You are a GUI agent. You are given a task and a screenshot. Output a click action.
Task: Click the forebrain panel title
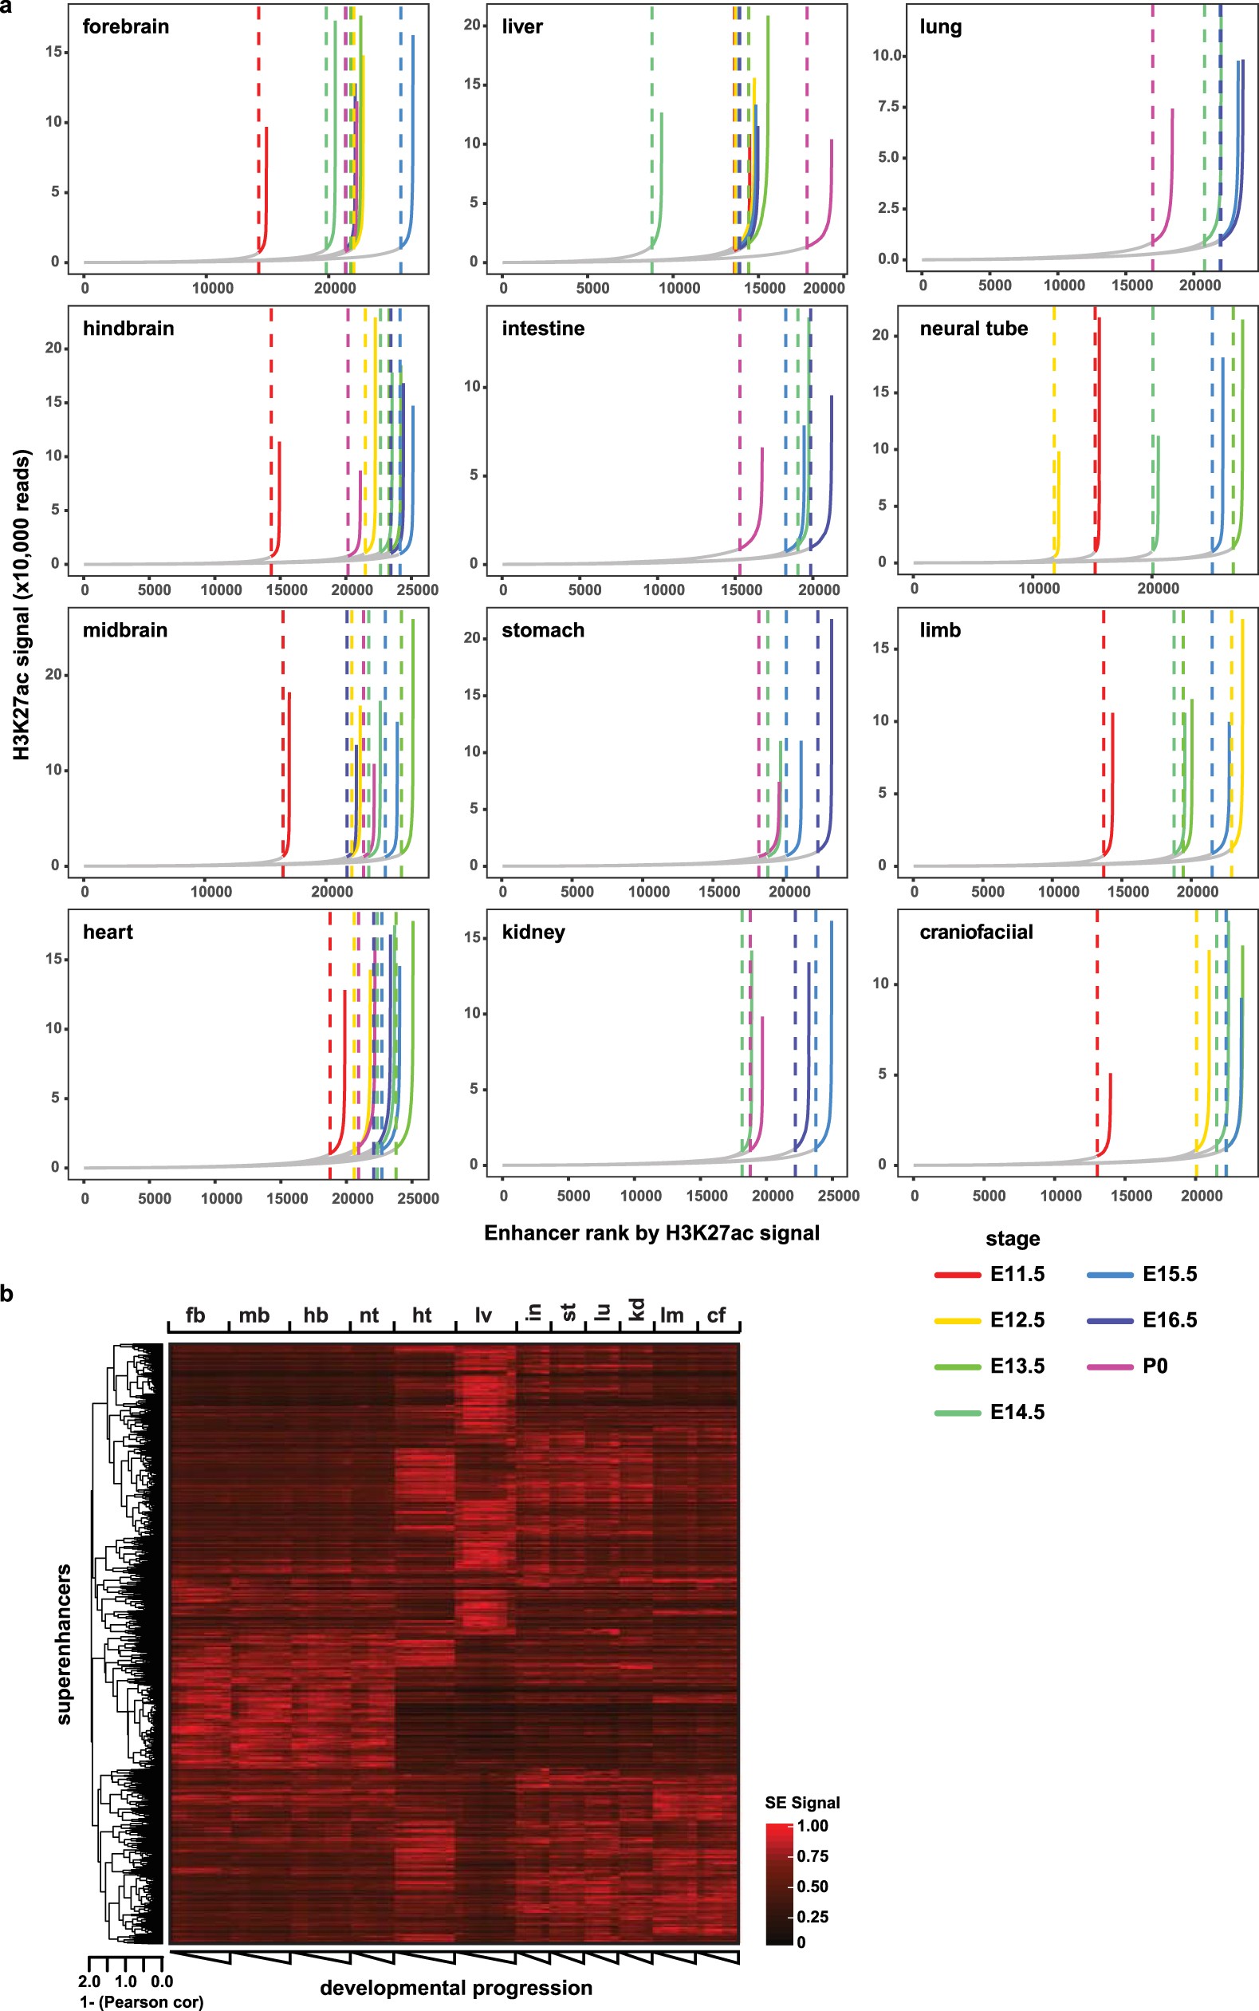pos(126,26)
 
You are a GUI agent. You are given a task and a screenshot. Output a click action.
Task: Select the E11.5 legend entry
pos(1017,1275)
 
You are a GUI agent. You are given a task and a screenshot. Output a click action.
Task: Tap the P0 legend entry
pos(1154,1366)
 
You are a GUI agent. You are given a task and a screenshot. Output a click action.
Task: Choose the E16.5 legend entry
pos(1169,1320)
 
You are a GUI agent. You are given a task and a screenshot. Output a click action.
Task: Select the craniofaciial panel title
pos(976,933)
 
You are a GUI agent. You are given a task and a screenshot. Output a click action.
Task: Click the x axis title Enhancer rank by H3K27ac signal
pos(651,1233)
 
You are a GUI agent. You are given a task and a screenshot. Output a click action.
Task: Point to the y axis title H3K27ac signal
pos(22,605)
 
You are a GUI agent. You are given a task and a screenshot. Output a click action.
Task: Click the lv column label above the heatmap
pos(483,1315)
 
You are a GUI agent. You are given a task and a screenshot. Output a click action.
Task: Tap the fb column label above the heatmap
pos(195,1315)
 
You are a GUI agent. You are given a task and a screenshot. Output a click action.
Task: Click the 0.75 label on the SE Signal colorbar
pos(812,1855)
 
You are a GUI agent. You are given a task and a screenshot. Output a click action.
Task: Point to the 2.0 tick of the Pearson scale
pos(89,1981)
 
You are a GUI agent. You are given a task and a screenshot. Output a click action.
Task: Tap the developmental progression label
pos(455,1989)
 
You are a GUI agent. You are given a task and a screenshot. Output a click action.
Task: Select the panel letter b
pos(7,1295)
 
